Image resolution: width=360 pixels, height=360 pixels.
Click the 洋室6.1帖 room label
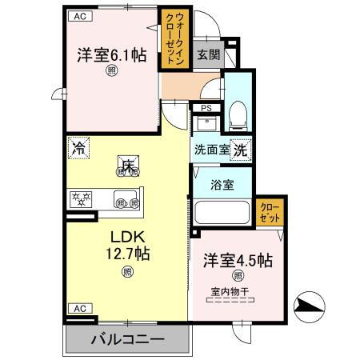tap(111, 56)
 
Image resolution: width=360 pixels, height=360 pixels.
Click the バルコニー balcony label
tap(127, 339)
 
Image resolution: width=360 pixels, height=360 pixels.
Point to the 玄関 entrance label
tap(208, 55)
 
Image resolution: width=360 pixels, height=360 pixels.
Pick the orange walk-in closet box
tap(172, 38)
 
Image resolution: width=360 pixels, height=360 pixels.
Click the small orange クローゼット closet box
tap(270, 213)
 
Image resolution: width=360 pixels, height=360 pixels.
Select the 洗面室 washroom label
tap(210, 148)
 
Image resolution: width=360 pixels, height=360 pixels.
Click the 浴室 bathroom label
tap(222, 185)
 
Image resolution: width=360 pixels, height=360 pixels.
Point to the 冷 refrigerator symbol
tap(78, 148)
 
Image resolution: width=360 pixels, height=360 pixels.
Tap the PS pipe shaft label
tap(206, 108)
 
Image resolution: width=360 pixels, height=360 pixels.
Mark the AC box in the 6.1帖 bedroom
tap(78, 15)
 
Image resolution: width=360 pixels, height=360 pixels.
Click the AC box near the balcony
tap(78, 308)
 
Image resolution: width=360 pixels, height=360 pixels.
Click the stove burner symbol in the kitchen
tap(81, 198)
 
